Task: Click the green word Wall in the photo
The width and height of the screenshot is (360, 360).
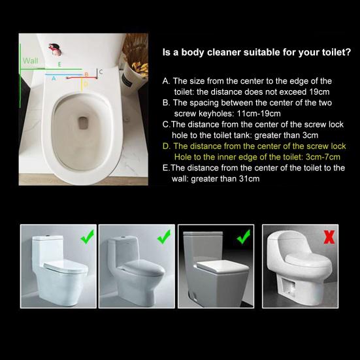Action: point(30,60)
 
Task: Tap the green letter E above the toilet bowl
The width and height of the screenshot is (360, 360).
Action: point(59,65)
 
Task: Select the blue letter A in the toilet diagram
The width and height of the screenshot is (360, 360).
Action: point(54,78)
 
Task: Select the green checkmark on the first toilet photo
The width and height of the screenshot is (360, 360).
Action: point(86,237)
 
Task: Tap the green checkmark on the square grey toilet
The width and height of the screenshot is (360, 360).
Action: point(244,237)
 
